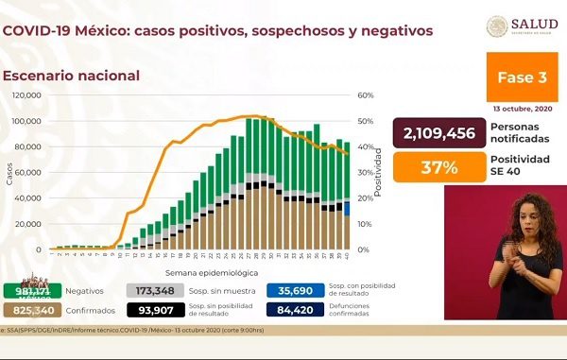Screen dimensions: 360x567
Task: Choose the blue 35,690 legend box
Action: [297, 290]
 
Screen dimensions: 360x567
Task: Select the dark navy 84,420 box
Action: [297, 309]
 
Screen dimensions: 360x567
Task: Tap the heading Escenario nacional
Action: [71, 75]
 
